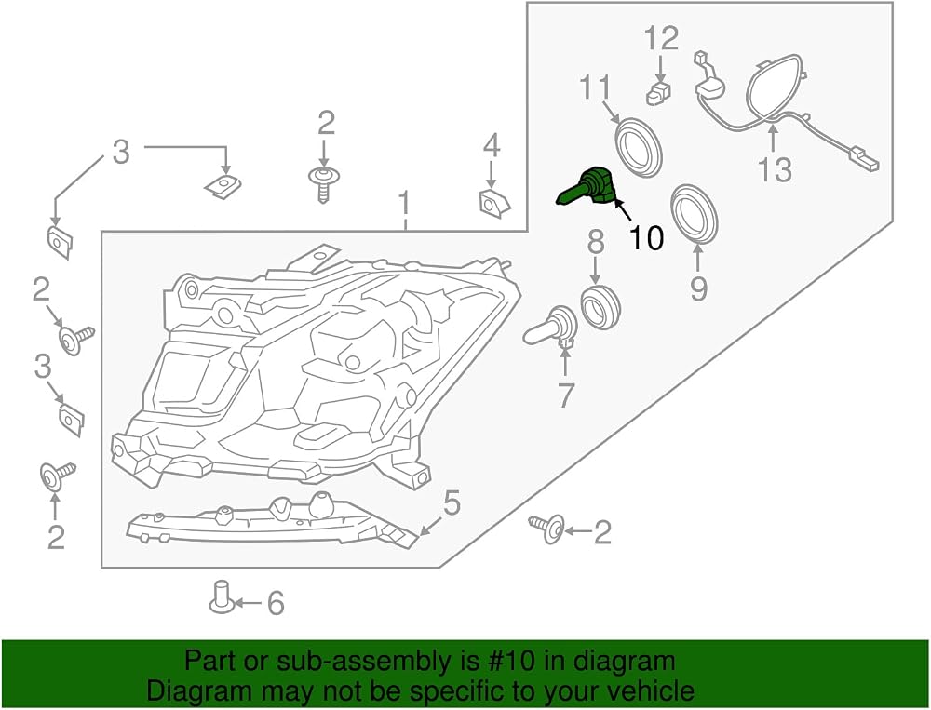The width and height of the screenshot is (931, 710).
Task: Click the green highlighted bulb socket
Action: [588, 186]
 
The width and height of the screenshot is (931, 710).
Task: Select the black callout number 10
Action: [646, 237]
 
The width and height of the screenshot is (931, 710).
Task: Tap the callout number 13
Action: [775, 169]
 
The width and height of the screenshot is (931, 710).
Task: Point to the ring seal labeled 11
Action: [638, 148]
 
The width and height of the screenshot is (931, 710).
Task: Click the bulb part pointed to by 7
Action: [550, 328]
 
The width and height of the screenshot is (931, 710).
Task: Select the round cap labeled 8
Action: [600, 306]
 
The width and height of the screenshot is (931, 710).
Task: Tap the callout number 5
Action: [452, 503]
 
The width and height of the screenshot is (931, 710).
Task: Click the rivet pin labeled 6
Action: [221, 597]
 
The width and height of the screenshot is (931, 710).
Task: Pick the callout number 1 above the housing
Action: [404, 203]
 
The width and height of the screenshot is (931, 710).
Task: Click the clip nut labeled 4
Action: [493, 203]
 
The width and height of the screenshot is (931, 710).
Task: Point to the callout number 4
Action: [492, 146]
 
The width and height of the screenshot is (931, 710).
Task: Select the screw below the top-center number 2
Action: [323, 184]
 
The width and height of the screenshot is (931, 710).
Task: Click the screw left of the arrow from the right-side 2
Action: [546, 529]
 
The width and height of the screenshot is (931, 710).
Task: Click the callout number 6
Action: [276, 603]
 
